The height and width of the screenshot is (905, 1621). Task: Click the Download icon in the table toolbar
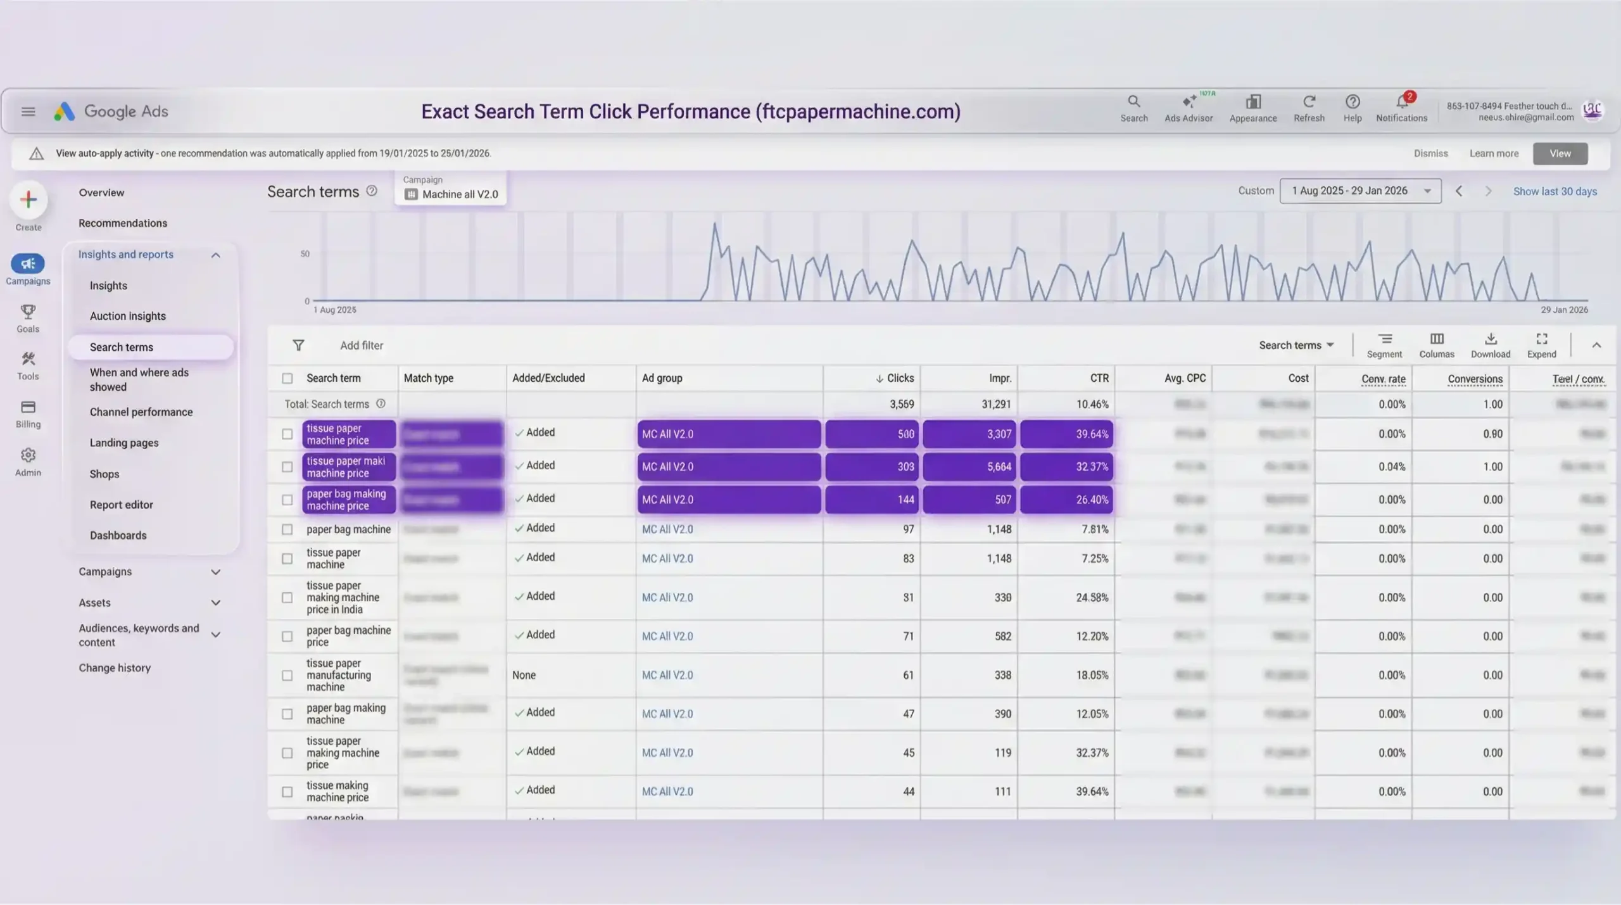(x=1490, y=339)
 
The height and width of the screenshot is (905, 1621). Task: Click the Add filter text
(x=361, y=345)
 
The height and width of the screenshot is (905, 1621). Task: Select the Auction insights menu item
(x=127, y=316)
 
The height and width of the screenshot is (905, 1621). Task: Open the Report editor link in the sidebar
(x=121, y=505)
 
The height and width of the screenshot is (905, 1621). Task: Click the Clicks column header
(x=899, y=378)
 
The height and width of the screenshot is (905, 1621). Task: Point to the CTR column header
(x=1099, y=378)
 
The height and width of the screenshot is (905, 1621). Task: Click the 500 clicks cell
(x=872, y=434)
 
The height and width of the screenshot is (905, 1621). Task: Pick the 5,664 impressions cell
(x=969, y=467)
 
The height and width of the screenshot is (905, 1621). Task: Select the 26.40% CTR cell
(x=1066, y=500)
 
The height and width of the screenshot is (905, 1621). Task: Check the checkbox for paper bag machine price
(x=287, y=636)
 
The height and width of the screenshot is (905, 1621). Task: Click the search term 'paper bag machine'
(x=348, y=529)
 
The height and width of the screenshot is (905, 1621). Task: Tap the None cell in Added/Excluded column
(x=524, y=675)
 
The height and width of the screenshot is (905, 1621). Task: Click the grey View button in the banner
(x=1560, y=153)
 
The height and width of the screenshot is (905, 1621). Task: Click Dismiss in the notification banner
(x=1430, y=153)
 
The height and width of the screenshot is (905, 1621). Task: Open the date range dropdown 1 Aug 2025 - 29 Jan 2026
(x=1360, y=191)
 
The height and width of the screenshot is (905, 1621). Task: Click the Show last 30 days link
(x=1555, y=191)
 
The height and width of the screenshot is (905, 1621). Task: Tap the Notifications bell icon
(x=1401, y=102)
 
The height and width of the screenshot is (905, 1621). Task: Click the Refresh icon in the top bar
(x=1309, y=102)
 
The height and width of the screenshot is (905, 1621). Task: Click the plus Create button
(x=28, y=200)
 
